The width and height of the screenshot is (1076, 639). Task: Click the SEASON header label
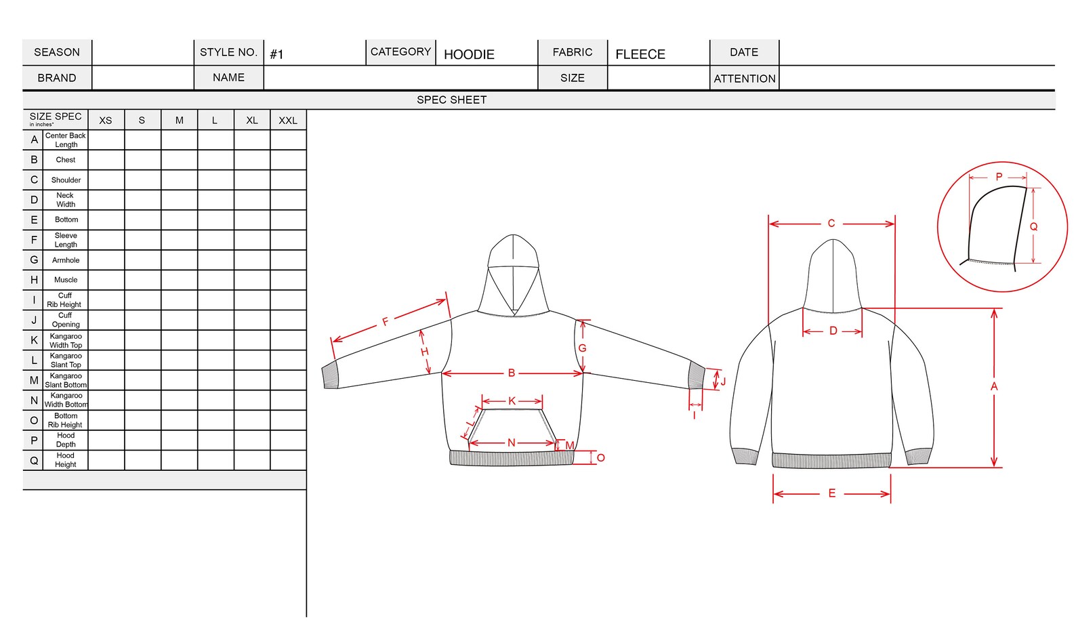[57, 52]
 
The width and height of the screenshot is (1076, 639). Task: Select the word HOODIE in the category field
[469, 55]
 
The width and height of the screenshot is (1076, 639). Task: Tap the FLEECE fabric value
[640, 54]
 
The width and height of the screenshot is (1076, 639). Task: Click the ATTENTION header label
[744, 79]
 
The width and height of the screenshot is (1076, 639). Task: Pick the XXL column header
[288, 121]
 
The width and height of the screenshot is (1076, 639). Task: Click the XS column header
[106, 121]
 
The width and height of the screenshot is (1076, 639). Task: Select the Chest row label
[66, 160]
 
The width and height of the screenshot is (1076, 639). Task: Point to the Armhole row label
[66, 260]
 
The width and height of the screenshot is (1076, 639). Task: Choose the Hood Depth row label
[66, 440]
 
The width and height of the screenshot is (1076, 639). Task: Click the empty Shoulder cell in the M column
[180, 180]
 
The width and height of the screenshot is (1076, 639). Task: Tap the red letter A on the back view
[994, 386]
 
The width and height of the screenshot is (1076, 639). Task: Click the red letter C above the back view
[831, 224]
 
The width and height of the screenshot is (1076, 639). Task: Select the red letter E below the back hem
[832, 493]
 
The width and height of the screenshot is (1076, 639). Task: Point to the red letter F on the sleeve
[386, 322]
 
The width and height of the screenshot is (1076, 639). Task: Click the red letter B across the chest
[512, 373]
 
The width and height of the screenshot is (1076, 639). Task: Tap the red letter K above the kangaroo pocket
[512, 401]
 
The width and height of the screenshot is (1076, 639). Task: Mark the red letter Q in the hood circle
[1033, 227]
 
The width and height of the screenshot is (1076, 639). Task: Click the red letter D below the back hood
[833, 331]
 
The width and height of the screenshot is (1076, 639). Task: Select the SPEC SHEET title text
[451, 100]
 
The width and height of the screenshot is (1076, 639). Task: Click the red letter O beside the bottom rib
[600, 458]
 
